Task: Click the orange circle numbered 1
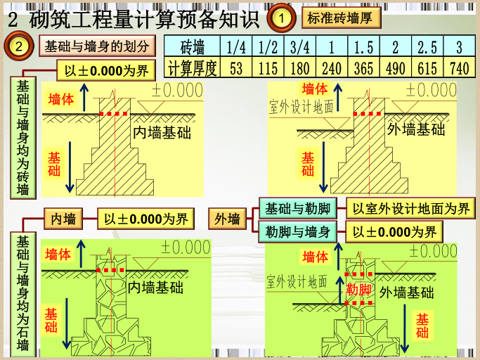click(280, 18)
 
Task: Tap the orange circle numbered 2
click(18, 48)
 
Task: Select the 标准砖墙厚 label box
click(339, 18)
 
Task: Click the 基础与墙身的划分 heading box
click(97, 47)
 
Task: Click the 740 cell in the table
click(459, 68)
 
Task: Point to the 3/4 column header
click(299, 47)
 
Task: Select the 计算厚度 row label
click(193, 68)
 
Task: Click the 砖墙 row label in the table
click(193, 47)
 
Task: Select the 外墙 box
click(227, 219)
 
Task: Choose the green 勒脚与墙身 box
click(298, 232)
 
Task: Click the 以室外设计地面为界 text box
click(410, 208)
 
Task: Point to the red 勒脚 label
click(359, 290)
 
